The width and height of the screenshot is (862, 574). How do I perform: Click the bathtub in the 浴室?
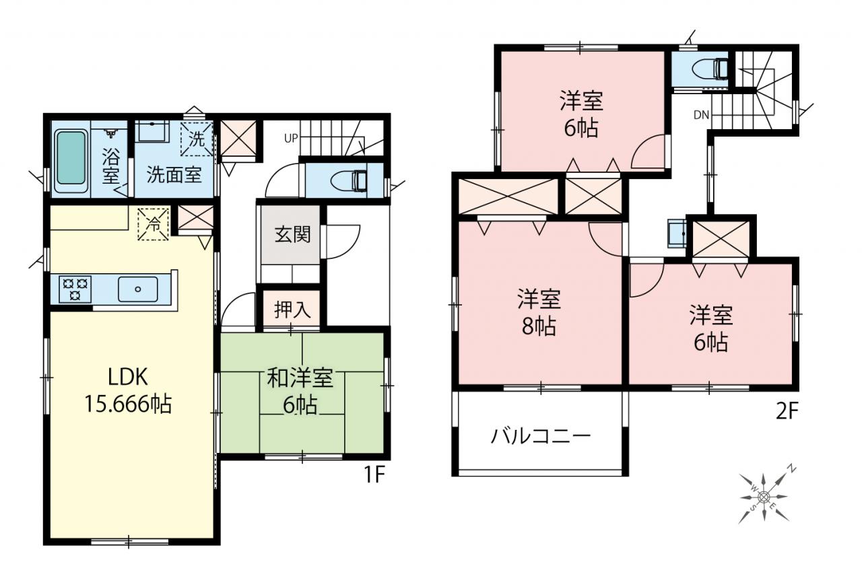point(71,161)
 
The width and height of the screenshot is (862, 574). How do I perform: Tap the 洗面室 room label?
point(174,175)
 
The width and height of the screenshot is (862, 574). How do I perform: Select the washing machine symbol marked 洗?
point(197,139)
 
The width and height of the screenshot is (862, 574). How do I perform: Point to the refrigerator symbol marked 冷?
point(153,224)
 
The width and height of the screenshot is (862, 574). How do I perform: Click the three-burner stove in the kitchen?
point(75,289)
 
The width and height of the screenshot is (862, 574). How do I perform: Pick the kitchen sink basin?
point(137,289)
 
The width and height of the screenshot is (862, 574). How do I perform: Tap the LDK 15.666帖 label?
point(128,390)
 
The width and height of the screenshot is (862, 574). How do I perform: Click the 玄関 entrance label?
point(292,234)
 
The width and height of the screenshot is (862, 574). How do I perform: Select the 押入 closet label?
point(292,310)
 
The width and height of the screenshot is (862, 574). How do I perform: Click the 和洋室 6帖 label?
point(300,390)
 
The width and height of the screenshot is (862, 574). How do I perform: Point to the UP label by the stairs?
point(292,139)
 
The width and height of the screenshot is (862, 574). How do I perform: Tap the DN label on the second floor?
point(701,114)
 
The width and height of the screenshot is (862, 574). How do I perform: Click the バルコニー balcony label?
point(540,437)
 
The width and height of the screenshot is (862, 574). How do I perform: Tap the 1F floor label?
point(374,476)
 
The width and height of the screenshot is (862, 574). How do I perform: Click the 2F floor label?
point(787,412)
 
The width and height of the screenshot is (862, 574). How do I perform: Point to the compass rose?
point(763,497)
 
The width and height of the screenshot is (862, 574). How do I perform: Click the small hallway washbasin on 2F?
point(677,234)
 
